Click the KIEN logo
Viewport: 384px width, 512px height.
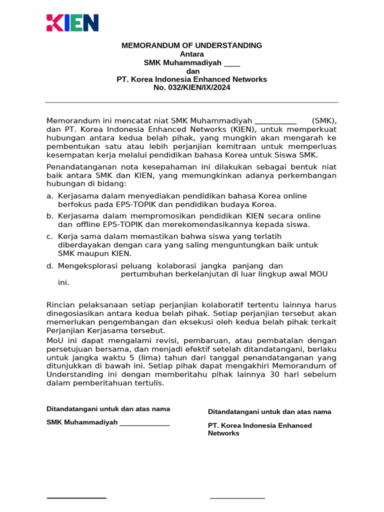click(x=72, y=23)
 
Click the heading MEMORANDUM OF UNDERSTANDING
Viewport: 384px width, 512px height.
click(x=192, y=45)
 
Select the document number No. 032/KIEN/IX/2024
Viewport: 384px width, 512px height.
click(x=192, y=87)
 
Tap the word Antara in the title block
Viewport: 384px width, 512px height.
click(x=192, y=54)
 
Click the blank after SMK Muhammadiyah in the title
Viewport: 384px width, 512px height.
click(x=232, y=63)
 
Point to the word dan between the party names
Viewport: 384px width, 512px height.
click(x=192, y=71)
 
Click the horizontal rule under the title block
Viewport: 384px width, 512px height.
click(x=192, y=102)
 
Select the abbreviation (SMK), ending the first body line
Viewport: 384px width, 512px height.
click(x=324, y=121)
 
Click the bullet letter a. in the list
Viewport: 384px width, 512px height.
click(x=49, y=196)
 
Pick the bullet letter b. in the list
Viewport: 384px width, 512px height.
click(x=49, y=216)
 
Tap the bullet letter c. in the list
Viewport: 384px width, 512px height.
click(x=49, y=236)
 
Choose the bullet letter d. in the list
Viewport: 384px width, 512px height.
click(x=49, y=265)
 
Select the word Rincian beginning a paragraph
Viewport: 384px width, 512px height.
click(x=60, y=304)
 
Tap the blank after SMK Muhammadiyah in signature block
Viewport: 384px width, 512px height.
click(x=144, y=423)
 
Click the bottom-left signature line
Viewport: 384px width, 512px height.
click(x=76, y=498)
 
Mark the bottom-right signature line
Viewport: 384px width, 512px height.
click(x=237, y=498)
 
